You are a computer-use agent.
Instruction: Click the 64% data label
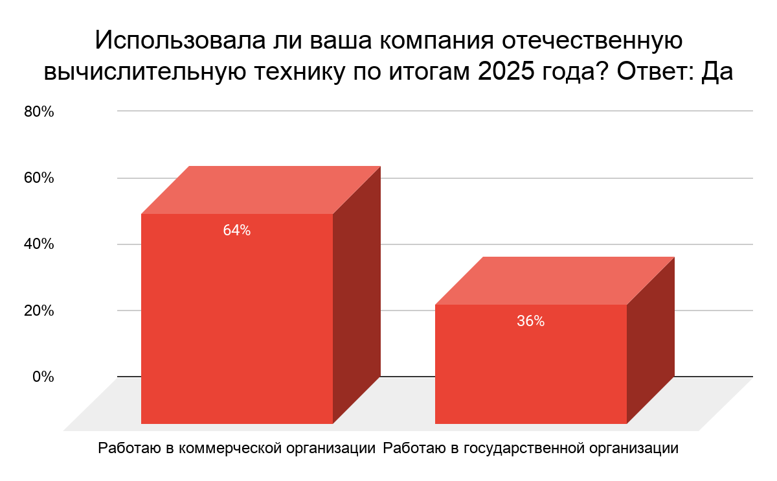pyautogui.click(x=236, y=230)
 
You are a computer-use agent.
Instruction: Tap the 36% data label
pyautogui.click(x=530, y=321)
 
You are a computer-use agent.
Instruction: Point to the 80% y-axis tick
pyautogui.click(x=39, y=111)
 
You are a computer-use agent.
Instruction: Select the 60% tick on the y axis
pyautogui.click(x=39, y=178)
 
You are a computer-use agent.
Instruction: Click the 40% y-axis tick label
pyautogui.click(x=39, y=244)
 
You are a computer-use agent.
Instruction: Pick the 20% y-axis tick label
pyautogui.click(x=39, y=310)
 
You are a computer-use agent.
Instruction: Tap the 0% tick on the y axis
pyautogui.click(x=43, y=376)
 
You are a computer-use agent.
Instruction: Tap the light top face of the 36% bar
pyautogui.click(x=554, y=281)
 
